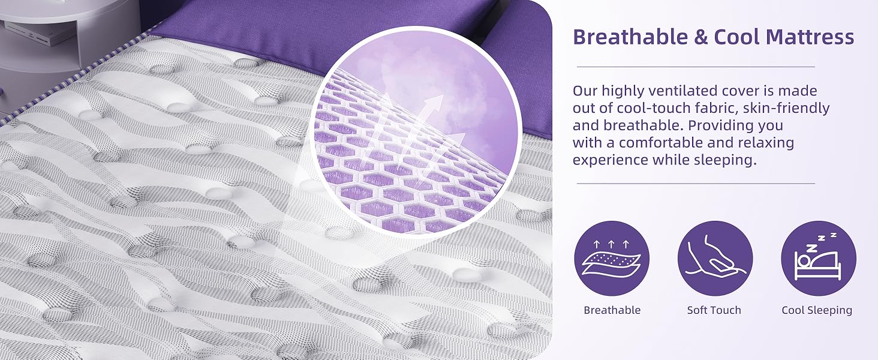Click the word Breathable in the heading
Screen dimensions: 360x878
pos(630,37)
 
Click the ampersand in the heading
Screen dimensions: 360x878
pos(700,38)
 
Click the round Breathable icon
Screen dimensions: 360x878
pos(612,258)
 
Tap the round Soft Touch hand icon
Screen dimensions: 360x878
pos(715,258)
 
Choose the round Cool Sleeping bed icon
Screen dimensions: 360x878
pos(818,258)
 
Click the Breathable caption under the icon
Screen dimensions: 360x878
pos(612,310)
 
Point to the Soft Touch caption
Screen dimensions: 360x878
pos(714,310)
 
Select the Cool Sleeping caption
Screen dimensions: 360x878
pos(817,310)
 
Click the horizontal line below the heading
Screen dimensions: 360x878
pos(696,67)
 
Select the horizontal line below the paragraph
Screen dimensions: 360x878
pos(696,184)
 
